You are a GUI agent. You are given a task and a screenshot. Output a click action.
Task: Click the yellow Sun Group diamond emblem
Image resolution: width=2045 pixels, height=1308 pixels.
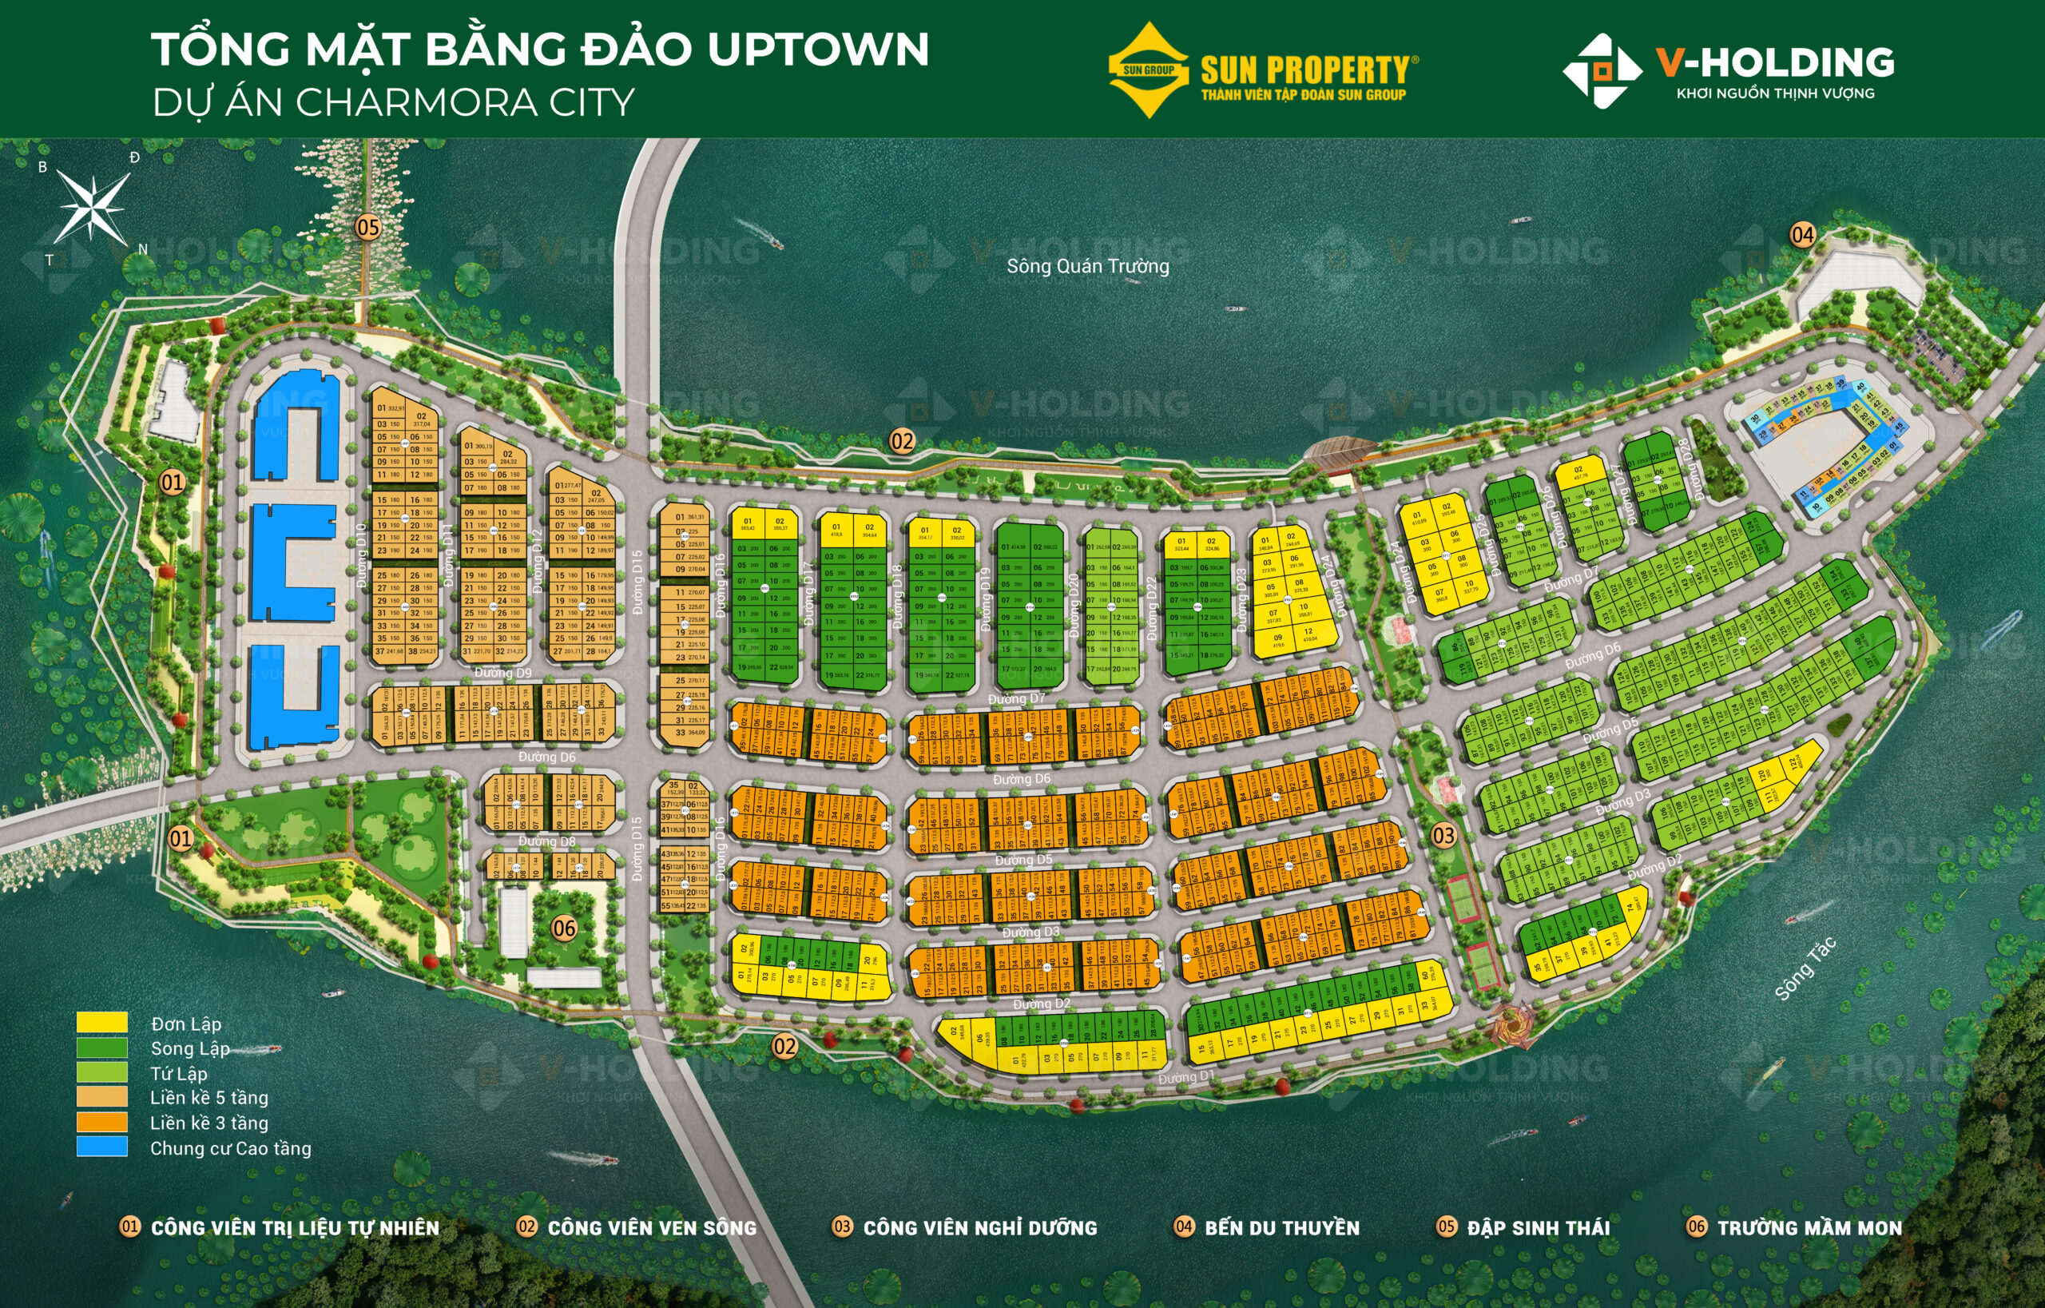(1147, 70)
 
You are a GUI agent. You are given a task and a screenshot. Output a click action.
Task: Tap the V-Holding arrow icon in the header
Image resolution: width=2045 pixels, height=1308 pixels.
(1601, 71)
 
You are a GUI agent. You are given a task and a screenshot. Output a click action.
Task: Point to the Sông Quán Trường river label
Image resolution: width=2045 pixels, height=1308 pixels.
(1087, 266)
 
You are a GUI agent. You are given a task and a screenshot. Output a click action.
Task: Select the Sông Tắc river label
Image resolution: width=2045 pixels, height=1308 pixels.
(1805, 968)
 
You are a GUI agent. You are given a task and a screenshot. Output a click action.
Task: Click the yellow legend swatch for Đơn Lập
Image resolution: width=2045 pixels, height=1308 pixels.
(102, 1022)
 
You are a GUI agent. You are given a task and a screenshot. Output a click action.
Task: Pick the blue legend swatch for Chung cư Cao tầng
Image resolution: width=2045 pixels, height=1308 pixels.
(102, 1147)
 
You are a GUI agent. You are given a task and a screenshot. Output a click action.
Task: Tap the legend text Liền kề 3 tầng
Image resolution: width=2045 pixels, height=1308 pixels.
(209, 1123)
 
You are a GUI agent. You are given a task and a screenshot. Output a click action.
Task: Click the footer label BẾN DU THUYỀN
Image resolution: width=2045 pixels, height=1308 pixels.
(1281, 1227)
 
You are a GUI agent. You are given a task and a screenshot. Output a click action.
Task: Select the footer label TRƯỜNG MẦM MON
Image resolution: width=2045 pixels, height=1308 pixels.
(1809, 1227)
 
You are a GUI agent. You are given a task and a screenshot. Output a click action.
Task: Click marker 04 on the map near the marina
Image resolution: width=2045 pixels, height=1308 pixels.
(1802, 234)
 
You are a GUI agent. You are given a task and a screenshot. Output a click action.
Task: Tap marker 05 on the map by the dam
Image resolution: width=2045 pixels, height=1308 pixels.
(367, 227)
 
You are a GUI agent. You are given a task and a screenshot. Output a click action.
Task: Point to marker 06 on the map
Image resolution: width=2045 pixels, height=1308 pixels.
(564, 928)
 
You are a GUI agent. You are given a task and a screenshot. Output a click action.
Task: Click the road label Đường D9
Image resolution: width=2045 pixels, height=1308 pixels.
(502, 673)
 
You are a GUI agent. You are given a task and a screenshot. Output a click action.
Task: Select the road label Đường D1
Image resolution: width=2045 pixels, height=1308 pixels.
(1185, 1077)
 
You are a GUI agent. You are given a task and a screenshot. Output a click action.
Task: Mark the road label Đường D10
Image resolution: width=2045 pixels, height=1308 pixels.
(362, 555)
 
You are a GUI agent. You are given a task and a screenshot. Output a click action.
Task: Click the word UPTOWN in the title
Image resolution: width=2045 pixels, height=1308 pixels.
(818, 50)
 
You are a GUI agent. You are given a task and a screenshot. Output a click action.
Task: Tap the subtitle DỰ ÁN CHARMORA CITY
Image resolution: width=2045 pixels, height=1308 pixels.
(393, 103)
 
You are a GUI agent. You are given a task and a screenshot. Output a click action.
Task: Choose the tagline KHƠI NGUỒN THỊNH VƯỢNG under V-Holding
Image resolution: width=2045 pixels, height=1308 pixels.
(1775, 93)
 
